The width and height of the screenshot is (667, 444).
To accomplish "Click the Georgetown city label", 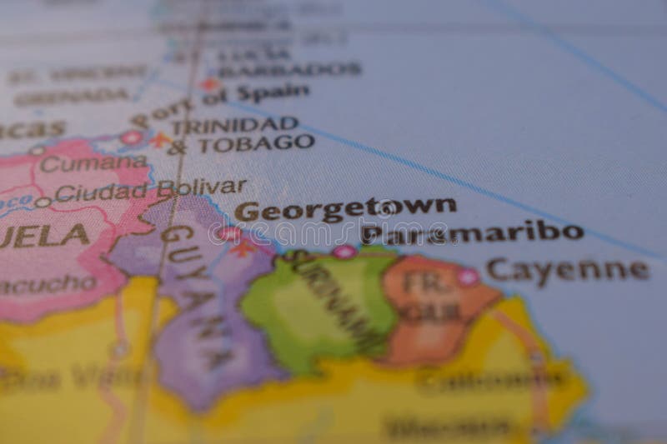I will (x=345, y=208).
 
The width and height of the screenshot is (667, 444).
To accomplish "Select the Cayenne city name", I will (x=567, y=269).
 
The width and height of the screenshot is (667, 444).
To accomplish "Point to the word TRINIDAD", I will (x=234, y=125).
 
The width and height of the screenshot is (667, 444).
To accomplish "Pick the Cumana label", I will (x=93, y=163).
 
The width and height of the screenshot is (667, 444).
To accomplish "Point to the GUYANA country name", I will (x=193, y=292).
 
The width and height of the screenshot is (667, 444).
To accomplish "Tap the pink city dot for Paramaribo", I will (x=344, y=251).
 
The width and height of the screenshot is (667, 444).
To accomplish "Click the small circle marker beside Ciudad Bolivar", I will (x=43, y=202).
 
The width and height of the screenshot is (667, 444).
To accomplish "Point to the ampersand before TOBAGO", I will (x=177, y=148).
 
